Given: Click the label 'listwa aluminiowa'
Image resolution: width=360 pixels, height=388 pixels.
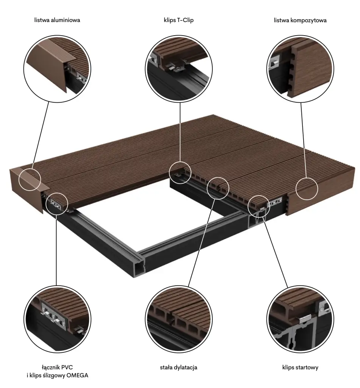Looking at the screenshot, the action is [57, 20].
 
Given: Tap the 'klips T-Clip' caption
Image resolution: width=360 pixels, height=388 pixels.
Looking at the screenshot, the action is [179, 20].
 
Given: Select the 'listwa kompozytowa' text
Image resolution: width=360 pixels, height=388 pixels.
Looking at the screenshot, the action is [300, 20].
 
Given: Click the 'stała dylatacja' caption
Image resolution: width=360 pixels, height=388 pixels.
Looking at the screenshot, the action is [179, 367].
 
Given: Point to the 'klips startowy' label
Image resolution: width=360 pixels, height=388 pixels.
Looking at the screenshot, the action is [300, 367].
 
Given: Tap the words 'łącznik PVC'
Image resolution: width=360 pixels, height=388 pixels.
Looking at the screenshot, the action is [57, 367].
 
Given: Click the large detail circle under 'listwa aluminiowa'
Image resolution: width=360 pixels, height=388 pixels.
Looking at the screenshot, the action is [57, 35].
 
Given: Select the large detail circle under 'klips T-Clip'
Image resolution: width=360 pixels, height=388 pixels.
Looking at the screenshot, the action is [179, 35].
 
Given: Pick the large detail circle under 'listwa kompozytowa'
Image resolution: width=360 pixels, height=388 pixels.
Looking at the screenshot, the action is [300, 35].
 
